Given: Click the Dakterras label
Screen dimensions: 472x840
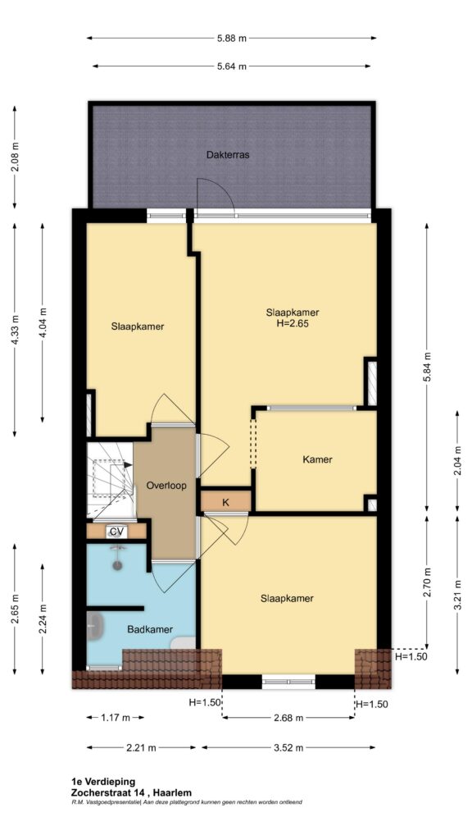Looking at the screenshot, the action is coord(228,155).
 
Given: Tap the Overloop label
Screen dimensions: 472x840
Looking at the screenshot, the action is coord(166,486).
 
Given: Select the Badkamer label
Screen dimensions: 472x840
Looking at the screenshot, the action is coord(150,629).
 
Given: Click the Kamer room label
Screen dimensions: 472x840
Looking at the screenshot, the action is coord(317,459).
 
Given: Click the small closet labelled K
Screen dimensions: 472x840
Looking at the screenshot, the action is coord(225,502).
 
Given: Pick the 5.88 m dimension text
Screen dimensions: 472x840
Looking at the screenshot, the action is coord(231,38).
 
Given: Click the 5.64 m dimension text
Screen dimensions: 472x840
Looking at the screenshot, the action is coord(231,66).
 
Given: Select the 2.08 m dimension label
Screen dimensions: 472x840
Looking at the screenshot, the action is coord(15,157).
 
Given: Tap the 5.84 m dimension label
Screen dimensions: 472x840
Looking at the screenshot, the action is coord(426,367).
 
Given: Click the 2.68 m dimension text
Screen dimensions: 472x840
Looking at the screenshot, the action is coord(288,717).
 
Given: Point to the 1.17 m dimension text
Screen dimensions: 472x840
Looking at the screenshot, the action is coord(115,717).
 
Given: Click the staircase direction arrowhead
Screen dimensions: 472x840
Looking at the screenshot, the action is coord(129,465).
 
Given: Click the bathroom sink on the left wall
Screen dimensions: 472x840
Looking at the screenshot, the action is coord(95,626).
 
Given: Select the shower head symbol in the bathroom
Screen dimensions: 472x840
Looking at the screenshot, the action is coord(116,557).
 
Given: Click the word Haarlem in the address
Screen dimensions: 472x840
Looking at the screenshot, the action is coord(175,792).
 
